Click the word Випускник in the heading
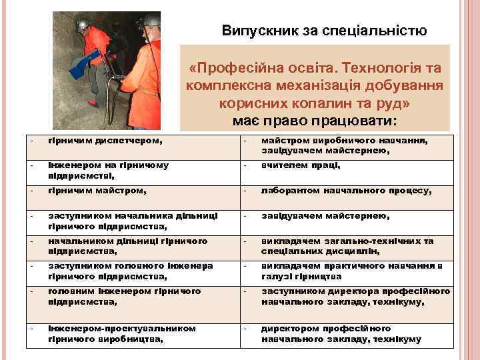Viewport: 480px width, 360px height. pyautogui.click(x=257, y=31)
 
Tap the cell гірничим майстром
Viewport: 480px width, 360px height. pyautogui.click(x=97, y=191)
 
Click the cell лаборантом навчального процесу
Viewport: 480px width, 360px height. pyautogui.click(x=346, y=191)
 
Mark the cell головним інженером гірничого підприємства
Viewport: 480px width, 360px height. pyautogui.click(x=124, y=297)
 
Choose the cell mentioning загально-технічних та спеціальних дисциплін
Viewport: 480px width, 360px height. pyautogui.click(x=347, y=246)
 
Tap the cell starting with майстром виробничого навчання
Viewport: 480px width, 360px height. pyautogui.click(x=344, y=145)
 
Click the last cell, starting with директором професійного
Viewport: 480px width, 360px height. pyautogui.click(x=341, y=334)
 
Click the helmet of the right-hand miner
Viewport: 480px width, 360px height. pyautogui.click(x=151, y=21)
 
